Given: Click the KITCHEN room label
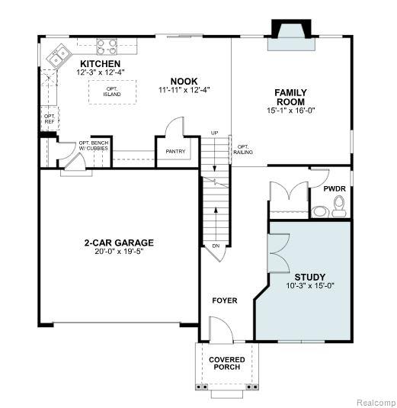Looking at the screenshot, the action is (100, 64).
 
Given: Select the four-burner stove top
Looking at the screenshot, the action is (107, 47).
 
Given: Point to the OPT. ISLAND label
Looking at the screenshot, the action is (112, 92).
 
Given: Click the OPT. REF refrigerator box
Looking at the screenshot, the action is (50, 119).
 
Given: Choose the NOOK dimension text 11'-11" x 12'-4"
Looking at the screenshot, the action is (184, 90).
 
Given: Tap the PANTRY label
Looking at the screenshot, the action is (175, 151).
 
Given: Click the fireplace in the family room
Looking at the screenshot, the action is (291, 35).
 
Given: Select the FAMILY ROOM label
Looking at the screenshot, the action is (290, 97).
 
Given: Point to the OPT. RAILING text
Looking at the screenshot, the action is (243, 149).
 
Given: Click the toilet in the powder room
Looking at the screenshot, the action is (339, 207).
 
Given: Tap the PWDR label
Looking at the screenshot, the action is (335, 189).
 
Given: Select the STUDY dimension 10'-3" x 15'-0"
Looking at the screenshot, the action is (310, 286).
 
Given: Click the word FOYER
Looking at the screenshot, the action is (225, 300).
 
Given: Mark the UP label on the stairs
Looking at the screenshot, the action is (214, 133).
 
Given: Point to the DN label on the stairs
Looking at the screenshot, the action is (216, 246).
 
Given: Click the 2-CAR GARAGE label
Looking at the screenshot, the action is (119, 243).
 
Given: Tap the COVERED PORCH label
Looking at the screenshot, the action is (227, 363).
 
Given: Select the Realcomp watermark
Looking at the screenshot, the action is (376, 402).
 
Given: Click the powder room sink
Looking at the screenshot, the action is (320, 211).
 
